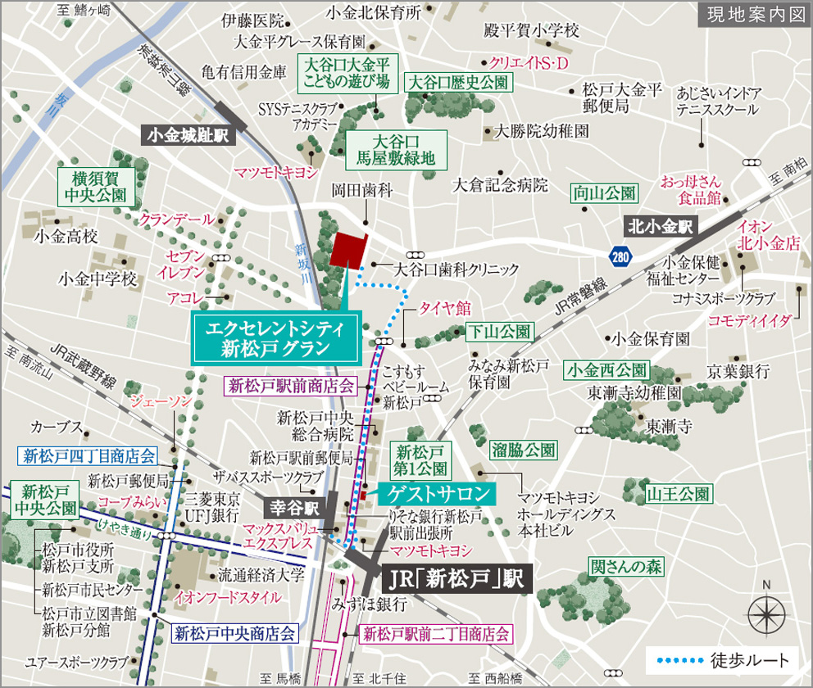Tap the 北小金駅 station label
[x=661, y=223]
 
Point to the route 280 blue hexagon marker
[x=620, y=257]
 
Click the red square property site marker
[x=349, y=249]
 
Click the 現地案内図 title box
[x=752, y=16]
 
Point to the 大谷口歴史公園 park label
[x=459, y=82]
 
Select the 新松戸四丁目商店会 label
[x=89, y=455]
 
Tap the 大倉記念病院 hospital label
[x=500, y=185]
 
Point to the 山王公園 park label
[x=679, y=494]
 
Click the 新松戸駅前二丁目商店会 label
[x=436, y=633]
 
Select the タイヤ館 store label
[x=444, y=308]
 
